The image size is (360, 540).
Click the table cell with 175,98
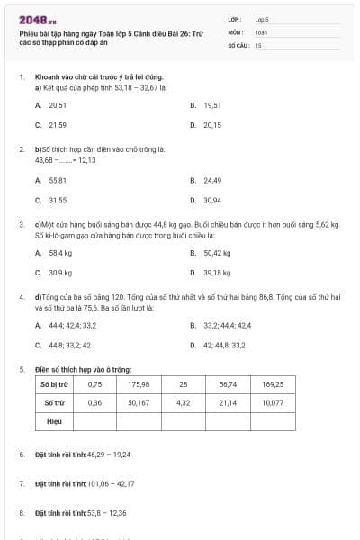pos(139,384)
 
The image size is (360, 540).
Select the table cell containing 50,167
pos(139,402)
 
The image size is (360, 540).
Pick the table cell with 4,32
pos(184,402)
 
